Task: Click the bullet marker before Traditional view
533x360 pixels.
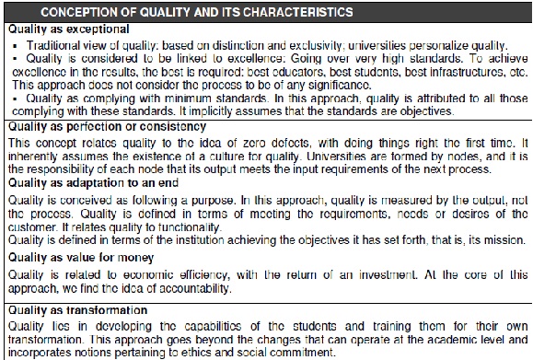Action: pos(17,44)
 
